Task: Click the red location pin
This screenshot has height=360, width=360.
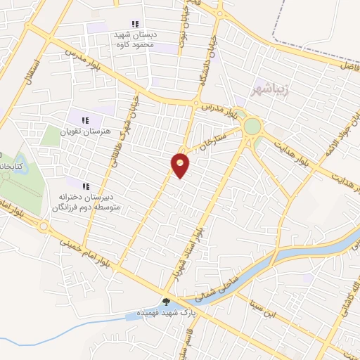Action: point(180,165)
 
